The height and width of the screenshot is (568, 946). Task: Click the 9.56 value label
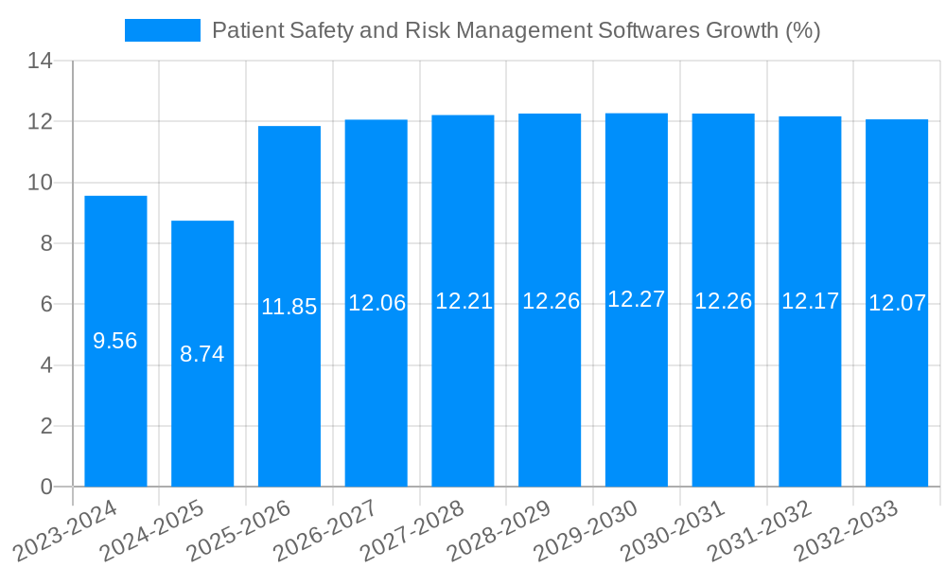coord(115,341)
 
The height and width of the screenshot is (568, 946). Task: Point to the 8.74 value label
coord(202,354)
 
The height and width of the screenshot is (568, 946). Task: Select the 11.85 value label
coord(289,307)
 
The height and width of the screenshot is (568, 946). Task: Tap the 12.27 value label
coord(637,299)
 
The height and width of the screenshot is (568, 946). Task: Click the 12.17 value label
coord(810,301)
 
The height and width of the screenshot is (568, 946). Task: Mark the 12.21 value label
coord(464,301)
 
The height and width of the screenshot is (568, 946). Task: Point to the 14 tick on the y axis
coord(40,62)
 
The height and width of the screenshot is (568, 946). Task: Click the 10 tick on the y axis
coord(40,183)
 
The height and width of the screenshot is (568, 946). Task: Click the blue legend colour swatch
coord(163,30)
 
